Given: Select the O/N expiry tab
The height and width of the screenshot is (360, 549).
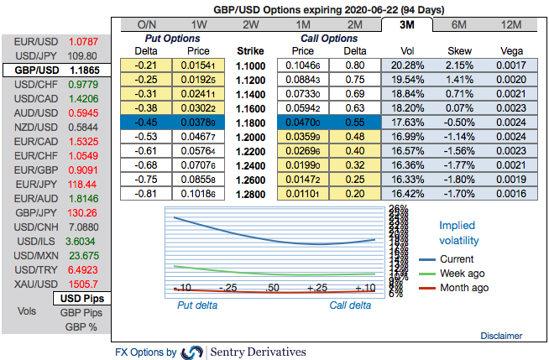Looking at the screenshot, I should [147, 24].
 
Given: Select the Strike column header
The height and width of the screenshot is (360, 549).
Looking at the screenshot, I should [250, 50].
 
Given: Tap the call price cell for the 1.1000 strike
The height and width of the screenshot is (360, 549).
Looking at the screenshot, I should [302, 65].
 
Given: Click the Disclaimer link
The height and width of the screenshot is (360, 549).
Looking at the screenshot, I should [501, 335].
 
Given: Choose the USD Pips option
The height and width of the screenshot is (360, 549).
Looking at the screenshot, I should [81, 298].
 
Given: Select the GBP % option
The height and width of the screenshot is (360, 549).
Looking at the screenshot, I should [81, 326].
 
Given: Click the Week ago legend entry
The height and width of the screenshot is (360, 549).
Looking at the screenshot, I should [463, 274].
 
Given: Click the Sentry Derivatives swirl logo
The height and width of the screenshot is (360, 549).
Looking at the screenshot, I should [192, 352].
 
